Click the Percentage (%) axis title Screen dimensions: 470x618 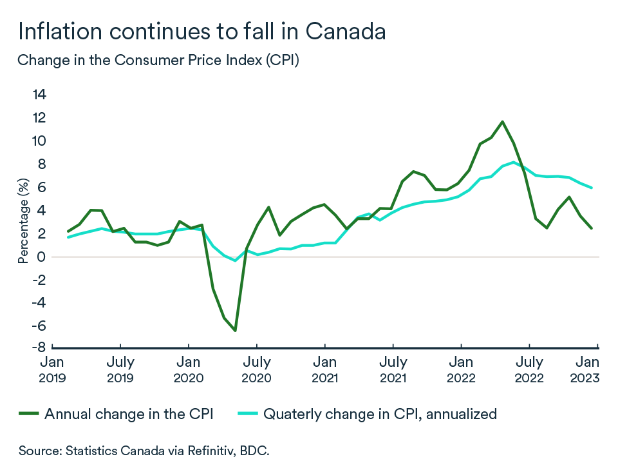click(23, 221)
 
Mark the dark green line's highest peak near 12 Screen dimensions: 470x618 click(502, 121)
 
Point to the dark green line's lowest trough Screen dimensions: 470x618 click(236, 331)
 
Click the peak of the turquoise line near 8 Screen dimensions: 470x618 click(513, 162)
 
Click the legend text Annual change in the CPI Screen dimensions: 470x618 click(129, 414)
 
